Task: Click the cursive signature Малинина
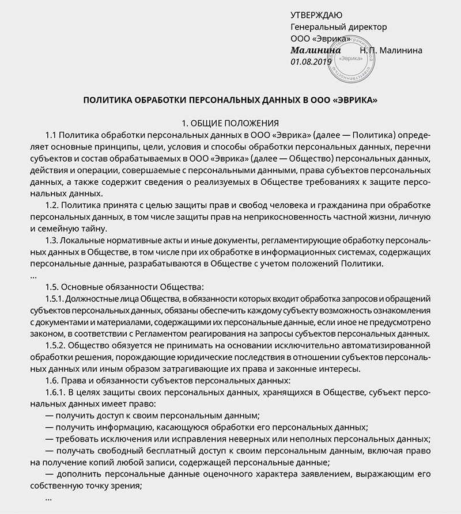(x=316, y=50)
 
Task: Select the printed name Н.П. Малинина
(x=391, y=50)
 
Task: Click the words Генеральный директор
(x=339, y=26)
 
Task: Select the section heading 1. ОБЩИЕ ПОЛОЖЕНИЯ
(x=231, y=123)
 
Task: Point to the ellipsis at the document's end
(x=48, y=498)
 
